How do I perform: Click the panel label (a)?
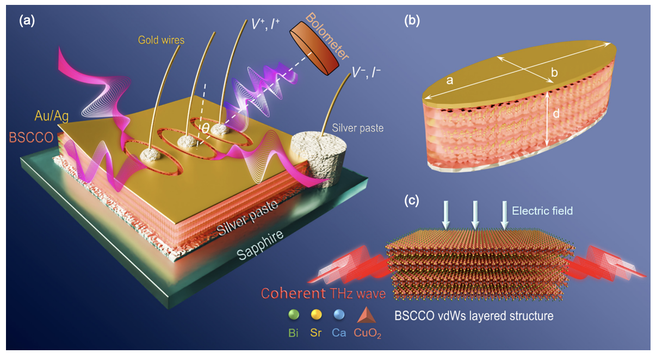27,21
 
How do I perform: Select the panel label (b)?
412,21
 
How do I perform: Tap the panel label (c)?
412,200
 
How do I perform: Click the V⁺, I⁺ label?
265,23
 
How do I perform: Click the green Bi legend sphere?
294,315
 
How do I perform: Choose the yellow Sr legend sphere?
315,315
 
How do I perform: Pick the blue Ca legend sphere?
338,315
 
